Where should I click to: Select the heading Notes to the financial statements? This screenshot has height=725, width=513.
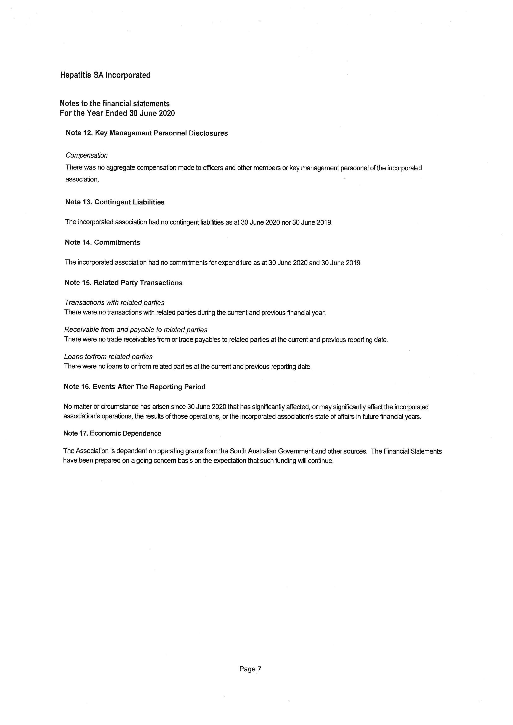click(115, 104)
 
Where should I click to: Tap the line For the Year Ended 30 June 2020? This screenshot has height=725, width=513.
click(117, 113)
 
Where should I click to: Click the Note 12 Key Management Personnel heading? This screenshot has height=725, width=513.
click(147, 133)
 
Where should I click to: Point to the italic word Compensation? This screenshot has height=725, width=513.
click(86, 155)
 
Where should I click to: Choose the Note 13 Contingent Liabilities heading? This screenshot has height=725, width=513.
click(115, 202)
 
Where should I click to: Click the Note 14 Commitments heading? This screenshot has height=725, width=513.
click(102, 242)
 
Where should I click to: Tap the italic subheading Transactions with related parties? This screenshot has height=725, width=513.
click(114, 302)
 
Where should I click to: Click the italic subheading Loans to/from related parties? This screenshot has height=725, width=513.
click(108, 357)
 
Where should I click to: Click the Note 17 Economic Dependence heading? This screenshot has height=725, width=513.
click(112, 433)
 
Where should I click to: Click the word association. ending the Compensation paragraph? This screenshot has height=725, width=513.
click(82, 179)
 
